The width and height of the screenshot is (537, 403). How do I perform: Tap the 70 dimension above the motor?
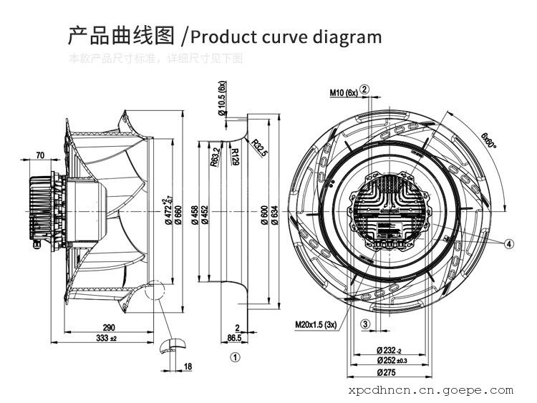(40, 155)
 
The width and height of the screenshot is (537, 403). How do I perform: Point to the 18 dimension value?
(188, 366)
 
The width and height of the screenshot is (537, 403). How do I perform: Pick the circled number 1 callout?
(234, 356)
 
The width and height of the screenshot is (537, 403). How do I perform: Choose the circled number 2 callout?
(364, 90)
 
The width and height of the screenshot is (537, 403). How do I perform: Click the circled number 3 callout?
(364, 324)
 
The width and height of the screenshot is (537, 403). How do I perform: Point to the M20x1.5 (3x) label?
(316, 325)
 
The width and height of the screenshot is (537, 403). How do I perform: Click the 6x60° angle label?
(489, 140)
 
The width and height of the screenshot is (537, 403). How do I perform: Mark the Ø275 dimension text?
(387, 372)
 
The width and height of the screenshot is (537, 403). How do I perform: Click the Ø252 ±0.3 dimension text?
(390, 361)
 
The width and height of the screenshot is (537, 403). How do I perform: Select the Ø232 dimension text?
(389, 349)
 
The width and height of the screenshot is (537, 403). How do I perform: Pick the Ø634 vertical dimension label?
(274, 217)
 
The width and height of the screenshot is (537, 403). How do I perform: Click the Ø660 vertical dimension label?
(177, 217)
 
